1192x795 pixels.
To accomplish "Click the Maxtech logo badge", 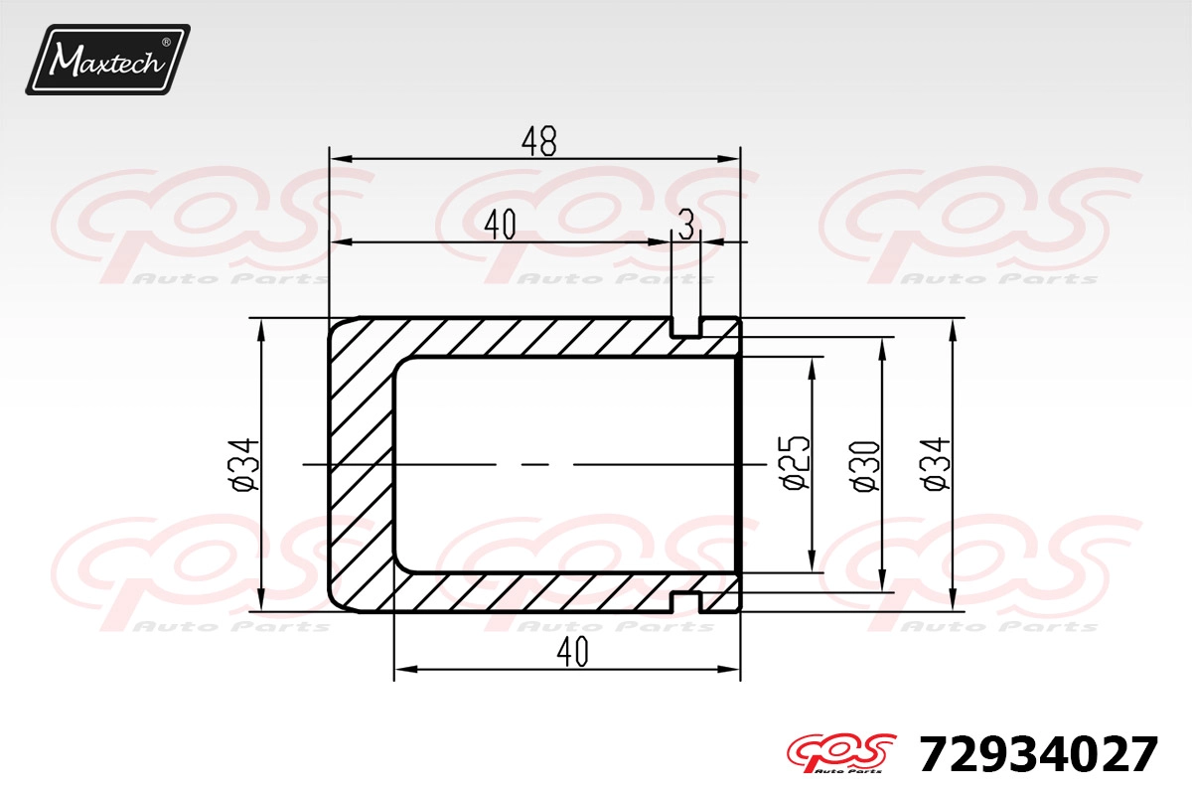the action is pyautogui.click(x=108, y=60).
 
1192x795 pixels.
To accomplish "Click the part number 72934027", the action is pyautogui.click(x=1038, y=754).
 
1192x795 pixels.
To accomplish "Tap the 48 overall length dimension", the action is pyautogui.click(x=539, y=142).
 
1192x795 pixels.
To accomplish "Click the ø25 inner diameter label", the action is pyautogui.click(x=797, y=463).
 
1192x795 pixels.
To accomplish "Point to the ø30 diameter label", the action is pyautogui.click(x=866, y=466).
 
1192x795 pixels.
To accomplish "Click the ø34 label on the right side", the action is pyautogui.click(x=935, y=464).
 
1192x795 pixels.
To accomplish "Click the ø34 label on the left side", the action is pyautogui.click(x=244, y=465).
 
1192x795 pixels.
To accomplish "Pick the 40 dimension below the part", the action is pyautogui.click(x=573, y=652).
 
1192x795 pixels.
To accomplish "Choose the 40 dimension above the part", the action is pyautogui.click(x=501, y=225).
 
